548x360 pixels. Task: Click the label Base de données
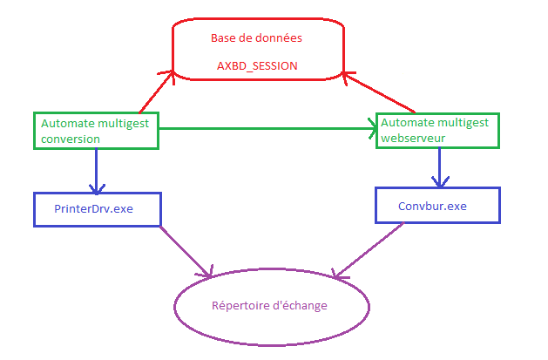256,38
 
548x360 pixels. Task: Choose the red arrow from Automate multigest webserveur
379,92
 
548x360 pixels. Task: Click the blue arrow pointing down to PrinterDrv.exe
97,170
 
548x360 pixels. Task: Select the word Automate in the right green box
406,122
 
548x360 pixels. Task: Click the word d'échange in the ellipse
300,306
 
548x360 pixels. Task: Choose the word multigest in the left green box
121,123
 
